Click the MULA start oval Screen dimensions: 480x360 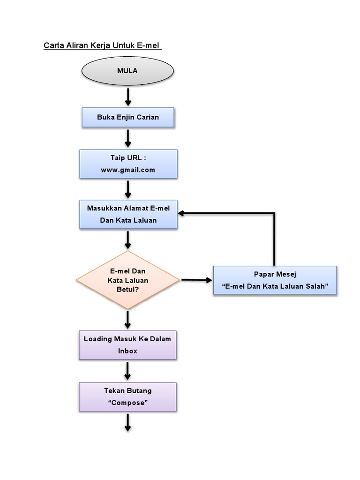pos(127,71)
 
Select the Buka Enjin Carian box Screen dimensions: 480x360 pos(128,117)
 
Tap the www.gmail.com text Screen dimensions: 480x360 pos(128,170)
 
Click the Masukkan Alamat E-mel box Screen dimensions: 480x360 pos(128,214)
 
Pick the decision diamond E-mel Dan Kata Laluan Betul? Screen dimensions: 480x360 pos(128,280)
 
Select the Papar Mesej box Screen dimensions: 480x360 pos(275,280)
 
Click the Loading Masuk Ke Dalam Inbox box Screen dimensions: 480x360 pos(127,345)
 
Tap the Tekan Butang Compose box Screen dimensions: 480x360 pos(127,397)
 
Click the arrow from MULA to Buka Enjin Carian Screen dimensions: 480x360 pos(127,96)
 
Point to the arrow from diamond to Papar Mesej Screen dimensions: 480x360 pos(196,280)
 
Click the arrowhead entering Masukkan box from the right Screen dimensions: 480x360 pos(182,214)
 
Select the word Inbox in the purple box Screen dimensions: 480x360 pos(127,351)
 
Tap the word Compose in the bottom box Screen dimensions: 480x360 pos(127,403)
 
